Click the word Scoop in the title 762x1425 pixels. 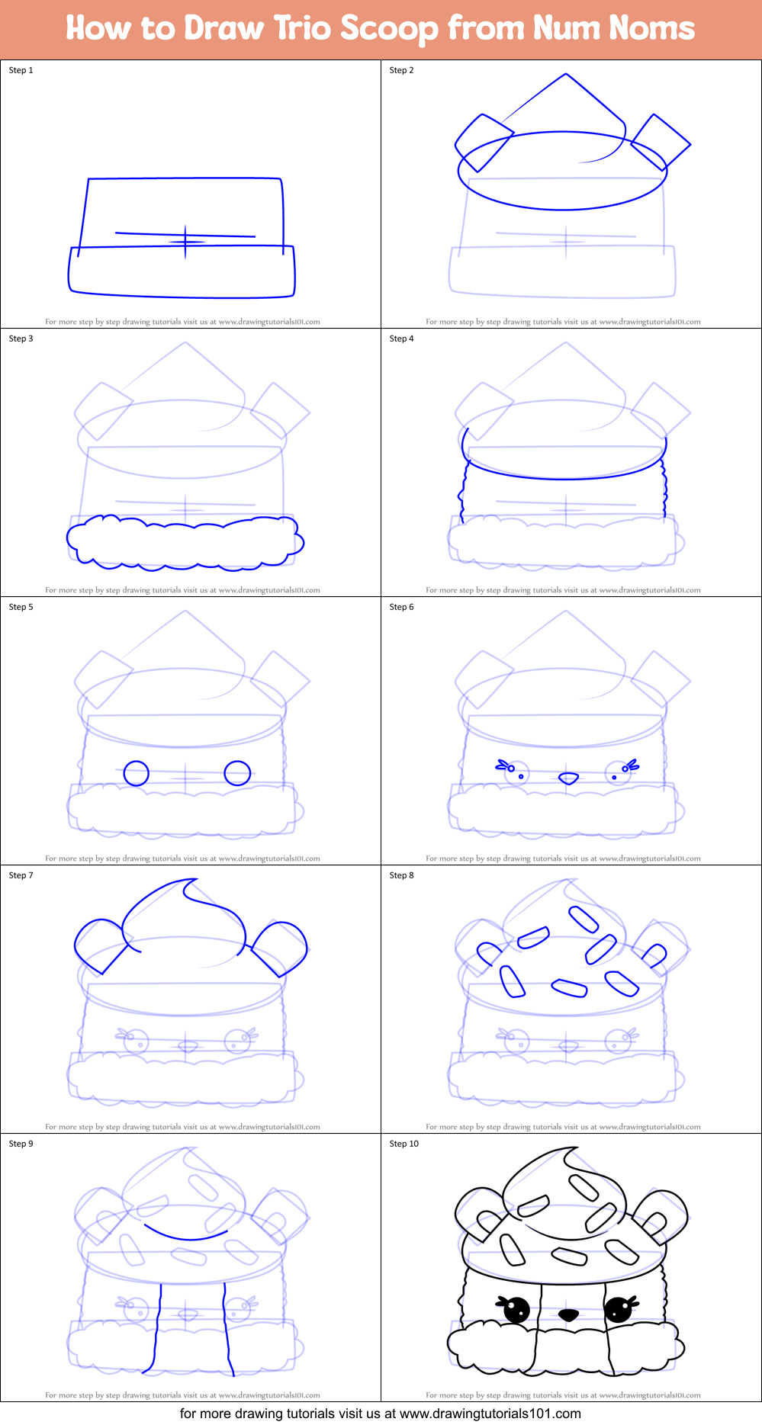[389, 29]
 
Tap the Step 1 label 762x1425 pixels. [21, 70]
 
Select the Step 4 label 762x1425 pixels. [401, 339]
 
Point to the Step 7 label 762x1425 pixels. [21, 875]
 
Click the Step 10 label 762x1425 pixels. [404, 1144]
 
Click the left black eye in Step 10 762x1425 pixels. [516, 1310]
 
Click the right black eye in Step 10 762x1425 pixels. [618, 1310]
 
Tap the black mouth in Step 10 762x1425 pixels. [568, 1315]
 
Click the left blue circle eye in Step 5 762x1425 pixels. [137, 773]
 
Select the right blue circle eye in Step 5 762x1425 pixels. [237, 773]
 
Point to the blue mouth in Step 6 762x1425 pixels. [568, 778]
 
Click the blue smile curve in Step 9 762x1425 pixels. [185, 1234]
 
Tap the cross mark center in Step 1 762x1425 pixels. [185, 242]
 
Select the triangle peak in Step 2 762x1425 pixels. [565, 75]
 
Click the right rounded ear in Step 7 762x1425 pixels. [281, 948]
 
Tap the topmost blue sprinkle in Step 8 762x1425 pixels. [584, 918]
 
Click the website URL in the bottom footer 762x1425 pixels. [490, 1414]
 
